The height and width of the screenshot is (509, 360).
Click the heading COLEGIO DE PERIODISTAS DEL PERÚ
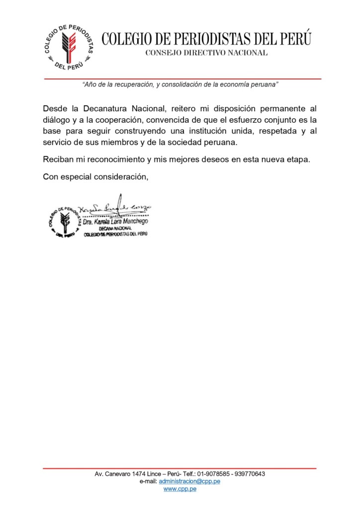click(x=207, y=39)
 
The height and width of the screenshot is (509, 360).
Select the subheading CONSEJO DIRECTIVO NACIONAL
click(x=206, y=53)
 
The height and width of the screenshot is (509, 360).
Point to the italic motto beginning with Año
click(x=180, y=85)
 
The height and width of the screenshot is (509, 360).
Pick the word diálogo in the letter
click(x=57, y=120)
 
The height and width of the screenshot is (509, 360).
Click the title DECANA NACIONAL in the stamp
click(x=114, y=228)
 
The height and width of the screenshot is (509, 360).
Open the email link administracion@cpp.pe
click(x=190, y=481)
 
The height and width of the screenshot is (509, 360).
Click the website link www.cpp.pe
click(x=180, y=489)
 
